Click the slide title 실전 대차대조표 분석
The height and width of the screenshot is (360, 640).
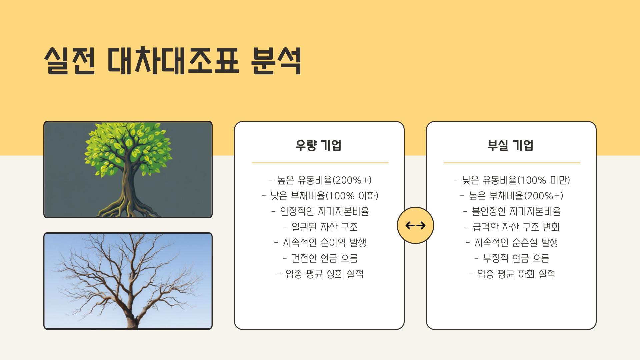[173, 61]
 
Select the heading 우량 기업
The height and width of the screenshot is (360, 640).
[319, 145]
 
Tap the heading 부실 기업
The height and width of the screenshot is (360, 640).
[510, 145]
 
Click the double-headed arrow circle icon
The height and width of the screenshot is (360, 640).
[415, 225]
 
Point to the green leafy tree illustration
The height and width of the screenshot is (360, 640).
[128, 170]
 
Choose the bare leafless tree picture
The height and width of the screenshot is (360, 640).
[128, 281]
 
